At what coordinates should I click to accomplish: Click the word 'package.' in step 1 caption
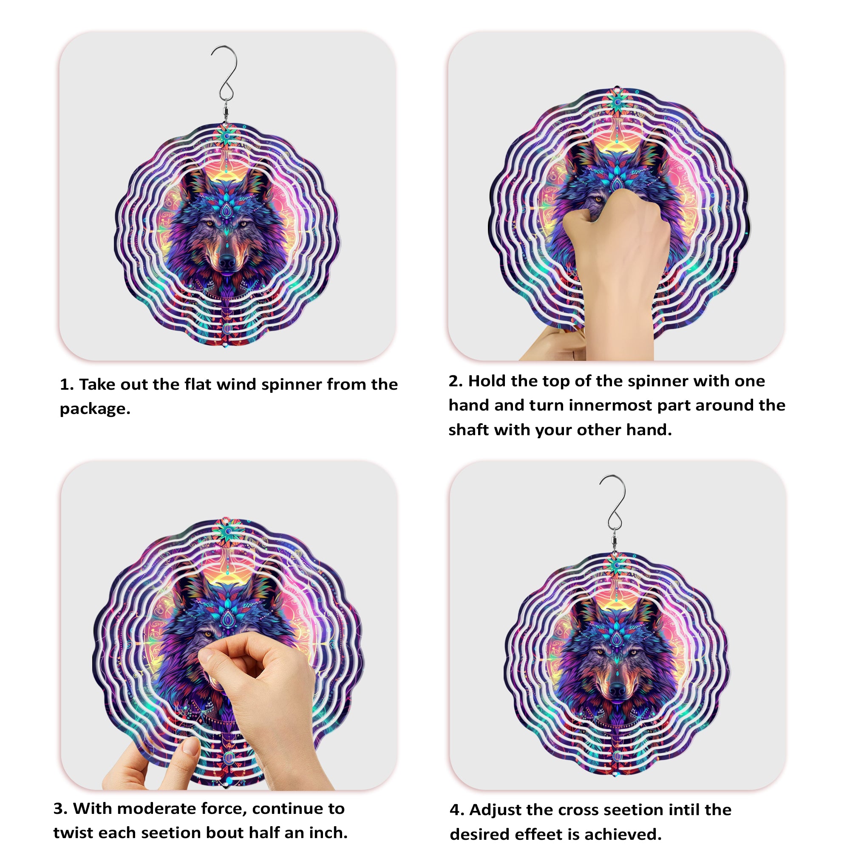95,409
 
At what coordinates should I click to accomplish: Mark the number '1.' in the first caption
67,385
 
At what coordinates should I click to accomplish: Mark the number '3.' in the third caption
60,809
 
